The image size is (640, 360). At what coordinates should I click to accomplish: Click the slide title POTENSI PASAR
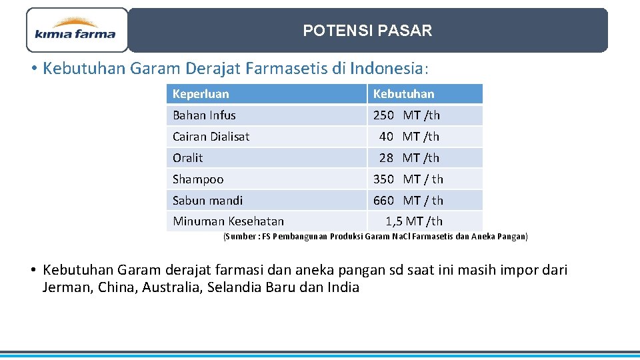coord(367,31)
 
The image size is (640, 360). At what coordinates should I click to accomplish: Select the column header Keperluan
coord(201,94)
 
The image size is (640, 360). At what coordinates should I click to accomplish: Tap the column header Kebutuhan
coord(403,94)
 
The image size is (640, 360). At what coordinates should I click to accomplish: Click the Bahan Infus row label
coord(204,115)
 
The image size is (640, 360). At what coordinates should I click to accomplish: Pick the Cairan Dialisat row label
coord(211,137)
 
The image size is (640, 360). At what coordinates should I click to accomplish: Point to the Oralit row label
coord(187,158)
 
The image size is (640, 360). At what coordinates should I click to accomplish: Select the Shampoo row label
coord(198,179)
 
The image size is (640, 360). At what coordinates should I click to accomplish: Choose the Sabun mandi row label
coord(207,201)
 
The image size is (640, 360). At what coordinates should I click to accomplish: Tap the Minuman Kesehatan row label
coord(228,221)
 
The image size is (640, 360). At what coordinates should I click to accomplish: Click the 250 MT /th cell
coord(407,115)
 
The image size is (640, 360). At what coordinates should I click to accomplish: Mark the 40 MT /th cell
coord(409,137)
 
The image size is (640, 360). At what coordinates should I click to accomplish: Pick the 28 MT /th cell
coord(409,158)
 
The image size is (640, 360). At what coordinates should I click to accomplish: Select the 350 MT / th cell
coord(408,179)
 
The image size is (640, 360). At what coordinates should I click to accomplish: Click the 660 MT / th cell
coord(408,201)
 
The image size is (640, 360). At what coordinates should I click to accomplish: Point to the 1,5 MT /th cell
coord(414,221)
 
